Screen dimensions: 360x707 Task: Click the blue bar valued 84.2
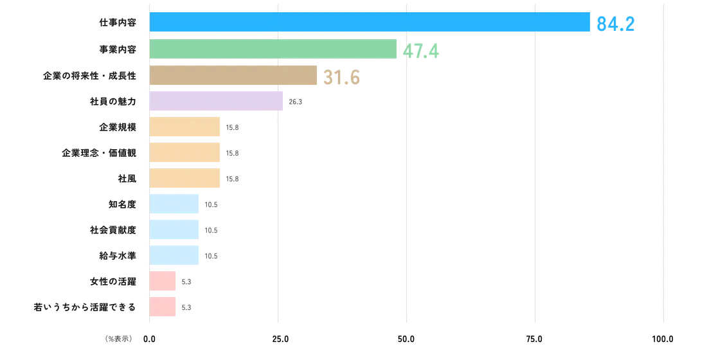coord(370,22)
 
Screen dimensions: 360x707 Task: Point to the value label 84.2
coord(616,24)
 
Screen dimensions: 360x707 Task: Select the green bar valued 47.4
coord(274,50)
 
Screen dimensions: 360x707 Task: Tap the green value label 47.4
coord(420,50)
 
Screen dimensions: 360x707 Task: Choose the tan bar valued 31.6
coord(233,75)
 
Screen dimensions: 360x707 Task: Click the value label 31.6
coord(343,78)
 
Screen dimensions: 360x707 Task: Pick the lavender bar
coord(217,102)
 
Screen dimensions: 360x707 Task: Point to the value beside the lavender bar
coord(296,102)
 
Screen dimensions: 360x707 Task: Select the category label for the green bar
coord(117,50)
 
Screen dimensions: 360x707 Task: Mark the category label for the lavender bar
coord(112,102)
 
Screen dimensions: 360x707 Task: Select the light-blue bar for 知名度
coord(175,204)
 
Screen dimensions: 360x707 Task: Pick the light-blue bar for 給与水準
coord(175,255)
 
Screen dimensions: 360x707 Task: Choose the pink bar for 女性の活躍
coord(163,281)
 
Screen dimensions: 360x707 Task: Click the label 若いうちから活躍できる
coord(84,308)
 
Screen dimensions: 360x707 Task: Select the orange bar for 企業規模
coord(186,127)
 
